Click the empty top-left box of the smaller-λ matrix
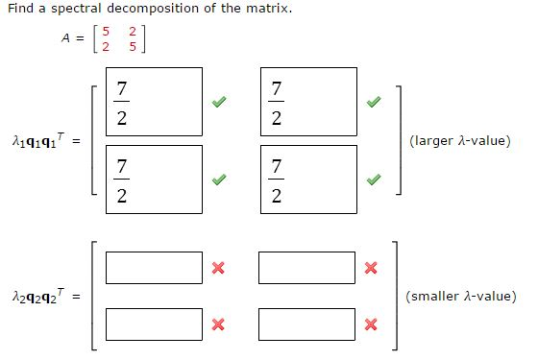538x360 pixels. (x=155, y=268)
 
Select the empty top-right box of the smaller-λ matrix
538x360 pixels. (x=306, y=268)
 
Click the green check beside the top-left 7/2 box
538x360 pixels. (x=221, y=101)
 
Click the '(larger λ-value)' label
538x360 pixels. (x=459, y=141)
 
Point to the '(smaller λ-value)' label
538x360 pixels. (x=462, y=297)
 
